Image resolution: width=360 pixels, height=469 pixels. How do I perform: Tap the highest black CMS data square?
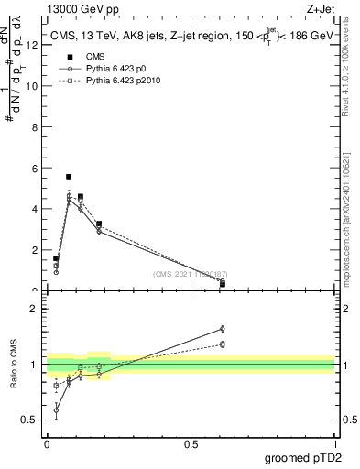69,177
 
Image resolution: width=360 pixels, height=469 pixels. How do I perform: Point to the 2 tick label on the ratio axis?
36,309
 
